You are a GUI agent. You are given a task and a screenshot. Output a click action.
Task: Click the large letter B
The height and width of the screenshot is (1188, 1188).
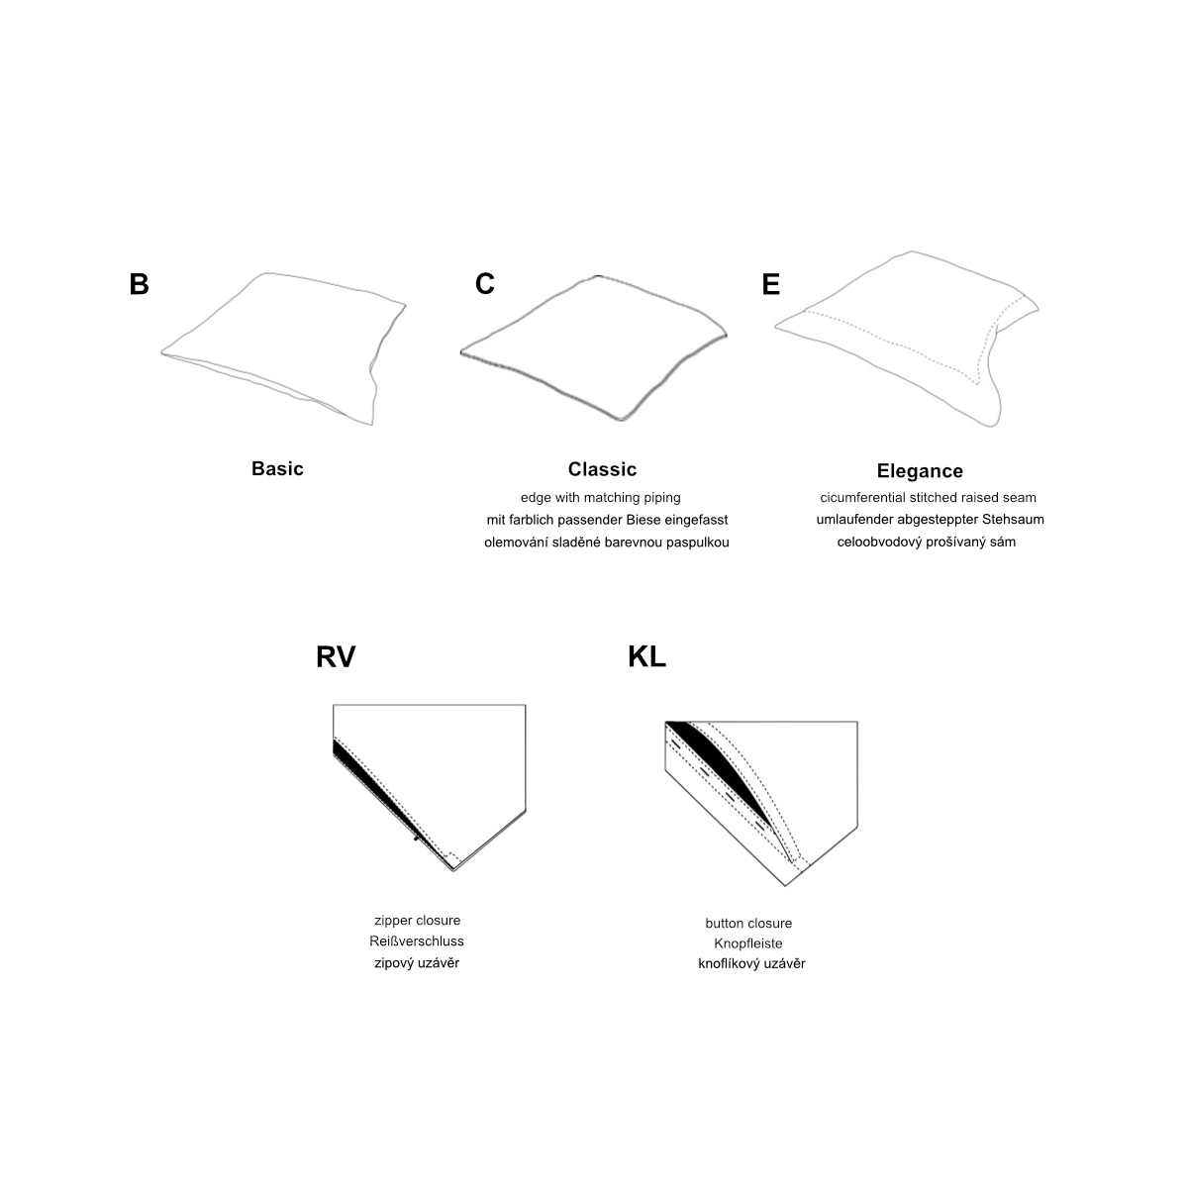139,284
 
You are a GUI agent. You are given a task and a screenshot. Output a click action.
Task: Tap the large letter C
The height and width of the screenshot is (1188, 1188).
484,283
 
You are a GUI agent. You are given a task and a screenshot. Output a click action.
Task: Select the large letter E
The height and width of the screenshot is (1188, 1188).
770,284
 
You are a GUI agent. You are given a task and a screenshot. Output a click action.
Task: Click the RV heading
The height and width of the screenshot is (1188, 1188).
336,657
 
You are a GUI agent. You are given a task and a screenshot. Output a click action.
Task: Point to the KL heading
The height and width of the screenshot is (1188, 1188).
646,657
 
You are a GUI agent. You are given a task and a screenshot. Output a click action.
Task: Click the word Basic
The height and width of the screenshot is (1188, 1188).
277,468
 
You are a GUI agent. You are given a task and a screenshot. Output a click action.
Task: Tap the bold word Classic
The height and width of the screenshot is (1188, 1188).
602,469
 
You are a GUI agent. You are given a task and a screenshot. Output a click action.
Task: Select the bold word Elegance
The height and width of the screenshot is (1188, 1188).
920,471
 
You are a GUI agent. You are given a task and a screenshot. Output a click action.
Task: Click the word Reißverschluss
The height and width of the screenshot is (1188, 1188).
417,941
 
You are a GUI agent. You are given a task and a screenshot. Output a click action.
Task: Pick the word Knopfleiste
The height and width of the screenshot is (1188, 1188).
748,943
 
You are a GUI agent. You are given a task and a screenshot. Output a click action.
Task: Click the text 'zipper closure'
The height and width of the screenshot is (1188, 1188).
418,921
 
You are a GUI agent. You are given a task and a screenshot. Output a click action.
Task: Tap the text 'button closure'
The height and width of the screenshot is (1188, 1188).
748,924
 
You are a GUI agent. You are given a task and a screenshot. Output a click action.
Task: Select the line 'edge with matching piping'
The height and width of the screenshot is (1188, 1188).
601,498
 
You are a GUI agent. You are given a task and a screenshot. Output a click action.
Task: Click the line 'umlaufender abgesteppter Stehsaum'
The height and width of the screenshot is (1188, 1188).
931,520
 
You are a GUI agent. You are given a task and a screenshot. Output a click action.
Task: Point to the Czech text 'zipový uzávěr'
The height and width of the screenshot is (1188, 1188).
417,963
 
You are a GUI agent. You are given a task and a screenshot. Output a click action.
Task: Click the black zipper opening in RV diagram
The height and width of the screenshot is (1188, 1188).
373,788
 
